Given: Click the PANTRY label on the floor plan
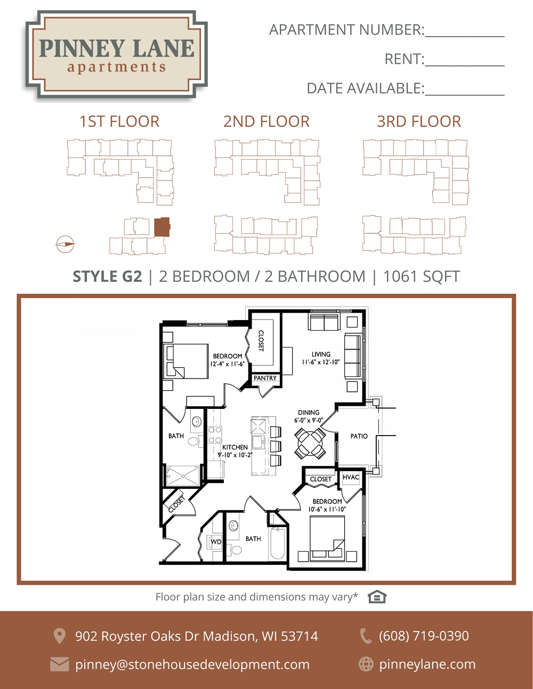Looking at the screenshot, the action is [265, 378].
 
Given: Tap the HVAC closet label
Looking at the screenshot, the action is [351, 477].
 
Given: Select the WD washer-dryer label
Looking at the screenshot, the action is [216, 542].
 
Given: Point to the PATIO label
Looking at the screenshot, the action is [359, 436].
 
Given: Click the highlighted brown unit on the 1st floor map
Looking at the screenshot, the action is [162, 227].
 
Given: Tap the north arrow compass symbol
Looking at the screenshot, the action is [65, 244].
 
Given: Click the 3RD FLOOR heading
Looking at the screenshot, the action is [419, 121].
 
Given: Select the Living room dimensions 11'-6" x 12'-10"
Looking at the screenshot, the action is [321, 362].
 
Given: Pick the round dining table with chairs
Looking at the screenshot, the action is [310, 443].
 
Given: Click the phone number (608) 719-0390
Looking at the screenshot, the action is [424, 635].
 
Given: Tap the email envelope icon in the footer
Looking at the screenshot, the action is [59, 664].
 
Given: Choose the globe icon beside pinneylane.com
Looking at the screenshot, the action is [366, 663].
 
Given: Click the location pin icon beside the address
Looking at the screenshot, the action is [59, 635].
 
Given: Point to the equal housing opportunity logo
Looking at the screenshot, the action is [377, 597].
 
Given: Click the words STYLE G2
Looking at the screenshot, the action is [107, 276].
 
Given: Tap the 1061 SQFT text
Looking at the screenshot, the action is [422, 276].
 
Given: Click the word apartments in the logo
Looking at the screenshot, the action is [116, 67].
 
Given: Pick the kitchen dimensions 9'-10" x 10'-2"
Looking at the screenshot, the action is [235, 455].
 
